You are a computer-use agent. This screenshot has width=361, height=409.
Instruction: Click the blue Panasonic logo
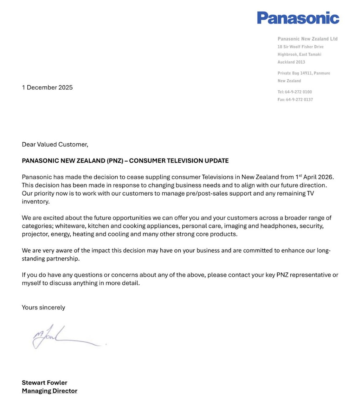pos(298,18)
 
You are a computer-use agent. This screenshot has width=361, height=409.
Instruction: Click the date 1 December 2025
pos(47,87)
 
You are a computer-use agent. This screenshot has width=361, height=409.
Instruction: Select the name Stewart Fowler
pos(44,382)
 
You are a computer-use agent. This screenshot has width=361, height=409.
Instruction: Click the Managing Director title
pos(50,391)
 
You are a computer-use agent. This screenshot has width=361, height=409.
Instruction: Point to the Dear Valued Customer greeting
pos(55,145)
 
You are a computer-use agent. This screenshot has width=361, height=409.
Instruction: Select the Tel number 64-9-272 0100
pos(298,92)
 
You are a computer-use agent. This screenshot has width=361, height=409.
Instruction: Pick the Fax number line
pos(295,100)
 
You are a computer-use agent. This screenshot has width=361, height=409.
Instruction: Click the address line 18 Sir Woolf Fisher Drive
pos(301,47)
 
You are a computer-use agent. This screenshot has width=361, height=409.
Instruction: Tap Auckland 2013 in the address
pos(291,62)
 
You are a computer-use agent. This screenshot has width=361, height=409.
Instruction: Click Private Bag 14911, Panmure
pos(304,73)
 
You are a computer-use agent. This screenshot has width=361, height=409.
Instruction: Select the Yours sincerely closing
pos(43,307)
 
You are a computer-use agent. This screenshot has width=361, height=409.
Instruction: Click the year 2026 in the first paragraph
pos(325,177)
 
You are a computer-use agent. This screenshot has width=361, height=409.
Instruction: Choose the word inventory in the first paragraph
pos(35,202)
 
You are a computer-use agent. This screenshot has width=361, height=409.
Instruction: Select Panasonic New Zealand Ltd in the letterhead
pos(307,39)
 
